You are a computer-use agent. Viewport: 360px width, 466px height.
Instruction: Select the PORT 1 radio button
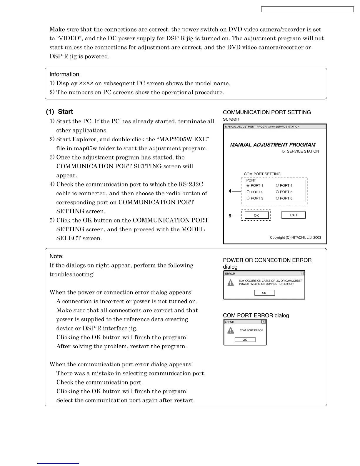click(x=248, y=185)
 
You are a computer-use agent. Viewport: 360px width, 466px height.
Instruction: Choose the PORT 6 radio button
click(x=277, y=198)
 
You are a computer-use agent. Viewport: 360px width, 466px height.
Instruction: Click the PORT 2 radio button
click(x=248, y=192)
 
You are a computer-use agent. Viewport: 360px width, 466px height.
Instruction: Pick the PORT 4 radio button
click(x=277, y=185)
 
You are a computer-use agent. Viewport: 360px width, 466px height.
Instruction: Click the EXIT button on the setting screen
click(x=293, y=215)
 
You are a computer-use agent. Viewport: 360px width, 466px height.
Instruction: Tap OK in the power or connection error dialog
click(x=264, y=293)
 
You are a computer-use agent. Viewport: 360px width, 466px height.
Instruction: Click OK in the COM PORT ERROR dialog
click(x=245, y=340)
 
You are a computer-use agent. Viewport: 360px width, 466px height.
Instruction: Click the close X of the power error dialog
click(x=302, y=274)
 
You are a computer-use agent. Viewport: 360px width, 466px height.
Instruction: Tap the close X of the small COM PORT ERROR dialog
click(x=263, y=322)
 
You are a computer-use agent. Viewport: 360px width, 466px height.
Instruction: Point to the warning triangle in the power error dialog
click(x=231, y=283)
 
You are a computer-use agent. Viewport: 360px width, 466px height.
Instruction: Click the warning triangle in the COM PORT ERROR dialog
click(x=231, y=330)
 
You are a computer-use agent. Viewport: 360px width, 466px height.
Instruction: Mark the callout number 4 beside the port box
click(x=230, y=191)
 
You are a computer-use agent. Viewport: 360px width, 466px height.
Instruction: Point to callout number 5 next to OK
click(x=230, y=216)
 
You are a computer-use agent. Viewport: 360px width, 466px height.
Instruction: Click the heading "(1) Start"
click(x=59, y=112)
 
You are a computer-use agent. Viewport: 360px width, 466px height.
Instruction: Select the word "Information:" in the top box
click(x=65, y=74)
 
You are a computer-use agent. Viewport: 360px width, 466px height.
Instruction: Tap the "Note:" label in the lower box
click(x=56, y=256)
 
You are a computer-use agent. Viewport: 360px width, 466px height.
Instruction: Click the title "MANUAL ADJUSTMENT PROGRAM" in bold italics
click(x=273, y=145)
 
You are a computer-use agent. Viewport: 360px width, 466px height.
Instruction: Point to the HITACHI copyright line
click(x=295, y=237)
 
